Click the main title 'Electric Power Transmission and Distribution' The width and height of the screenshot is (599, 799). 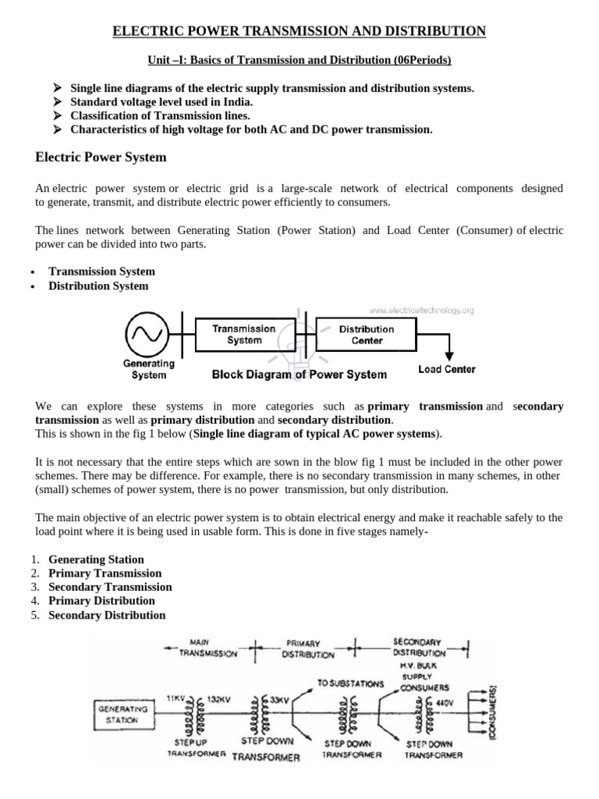299,30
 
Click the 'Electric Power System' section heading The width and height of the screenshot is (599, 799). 101,158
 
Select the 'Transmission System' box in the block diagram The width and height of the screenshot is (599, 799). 244,335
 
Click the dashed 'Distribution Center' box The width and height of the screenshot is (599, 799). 367,335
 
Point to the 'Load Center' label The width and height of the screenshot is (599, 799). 447,369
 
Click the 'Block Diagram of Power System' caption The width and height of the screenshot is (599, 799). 299,375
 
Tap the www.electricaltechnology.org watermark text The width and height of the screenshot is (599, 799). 427,310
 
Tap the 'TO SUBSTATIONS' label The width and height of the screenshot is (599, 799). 350,684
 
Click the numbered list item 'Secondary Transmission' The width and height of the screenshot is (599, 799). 110,587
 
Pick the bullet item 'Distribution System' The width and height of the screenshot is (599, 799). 98,286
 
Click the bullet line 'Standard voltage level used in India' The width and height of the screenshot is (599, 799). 161,102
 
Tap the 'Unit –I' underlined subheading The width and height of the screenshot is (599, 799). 299,60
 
